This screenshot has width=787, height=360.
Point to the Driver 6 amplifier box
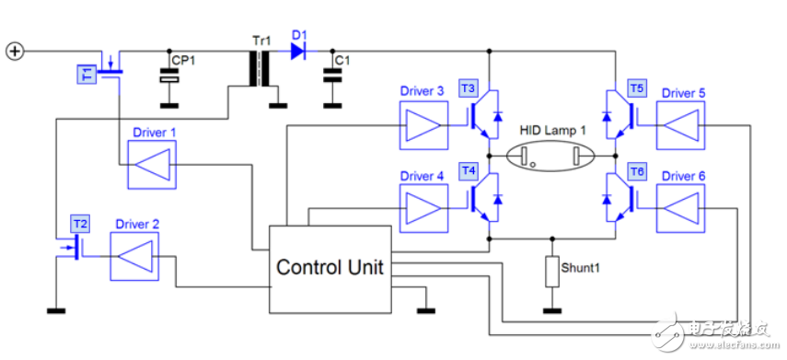[681, 207]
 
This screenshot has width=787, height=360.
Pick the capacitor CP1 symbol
[169, 78]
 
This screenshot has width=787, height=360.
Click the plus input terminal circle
[15, 51]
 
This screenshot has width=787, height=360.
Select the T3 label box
[469, 88]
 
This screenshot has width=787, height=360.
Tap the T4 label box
[469, 172]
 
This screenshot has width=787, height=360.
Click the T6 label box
[637, 172]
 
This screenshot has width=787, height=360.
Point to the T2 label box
[80, 223]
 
